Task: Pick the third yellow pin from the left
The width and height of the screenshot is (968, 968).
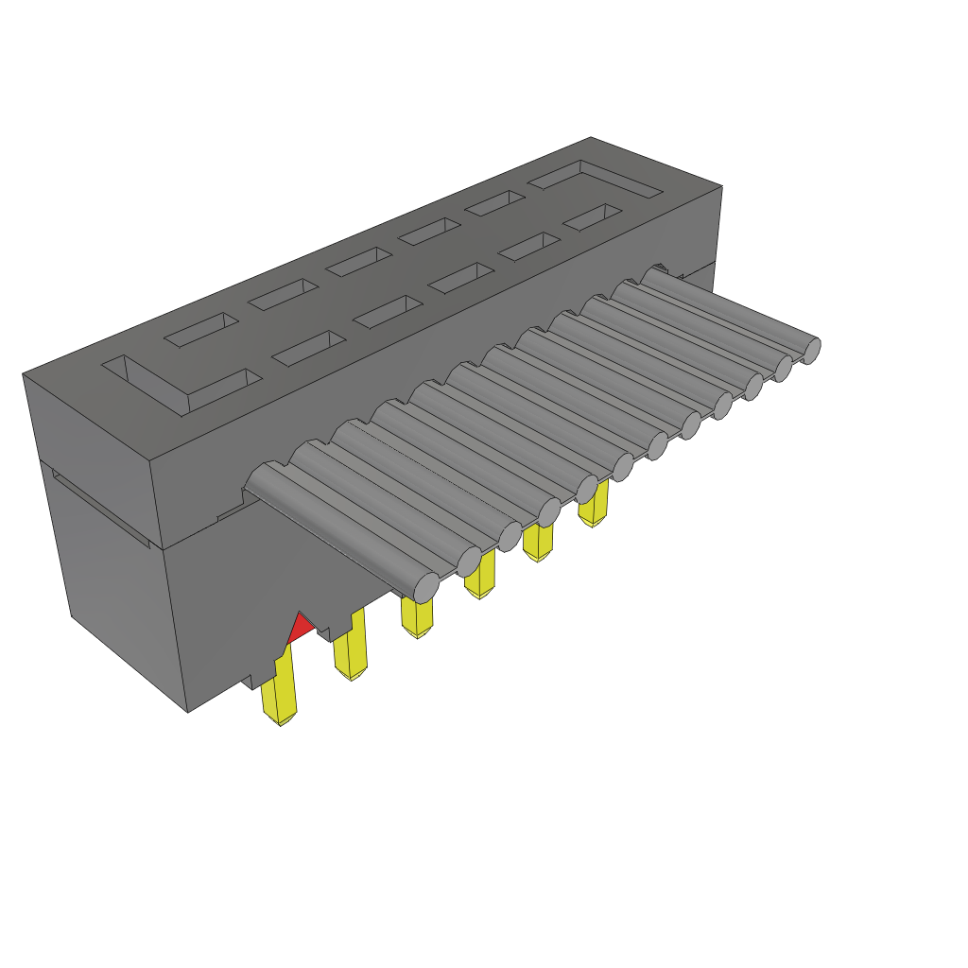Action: point(416,617)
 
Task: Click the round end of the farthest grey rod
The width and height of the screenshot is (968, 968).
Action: point(810,350)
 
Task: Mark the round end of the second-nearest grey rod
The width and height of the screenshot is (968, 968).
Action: point(470,562)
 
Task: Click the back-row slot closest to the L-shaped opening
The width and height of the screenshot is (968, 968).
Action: point(201,328)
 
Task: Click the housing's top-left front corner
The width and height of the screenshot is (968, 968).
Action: point(23,374)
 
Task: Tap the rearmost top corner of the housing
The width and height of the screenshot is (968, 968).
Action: point(590,138)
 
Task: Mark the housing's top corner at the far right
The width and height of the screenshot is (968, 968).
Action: point(722,185)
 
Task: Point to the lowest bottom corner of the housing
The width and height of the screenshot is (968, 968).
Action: point(187,712)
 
